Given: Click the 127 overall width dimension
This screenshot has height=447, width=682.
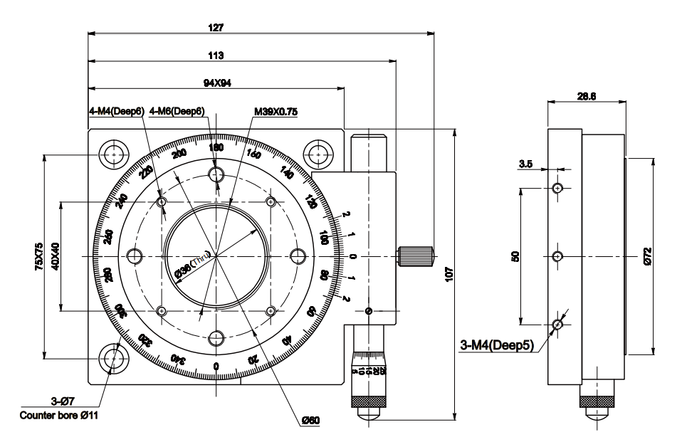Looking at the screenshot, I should pos(216,28).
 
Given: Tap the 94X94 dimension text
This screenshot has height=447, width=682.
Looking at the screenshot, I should pos(216,83).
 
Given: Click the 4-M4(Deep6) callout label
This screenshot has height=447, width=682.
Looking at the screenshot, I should pos(116,111).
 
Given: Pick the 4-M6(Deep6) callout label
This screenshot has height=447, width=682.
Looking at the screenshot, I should pos(177,111).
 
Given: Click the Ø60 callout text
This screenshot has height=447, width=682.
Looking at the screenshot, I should pos(310,421).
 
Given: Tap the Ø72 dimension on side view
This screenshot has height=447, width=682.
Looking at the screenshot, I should pos(647,255).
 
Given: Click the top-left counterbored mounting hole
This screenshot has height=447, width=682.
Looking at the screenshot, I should pos(114,153).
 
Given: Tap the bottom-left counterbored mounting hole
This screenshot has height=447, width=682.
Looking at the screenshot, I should pos(114,359).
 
